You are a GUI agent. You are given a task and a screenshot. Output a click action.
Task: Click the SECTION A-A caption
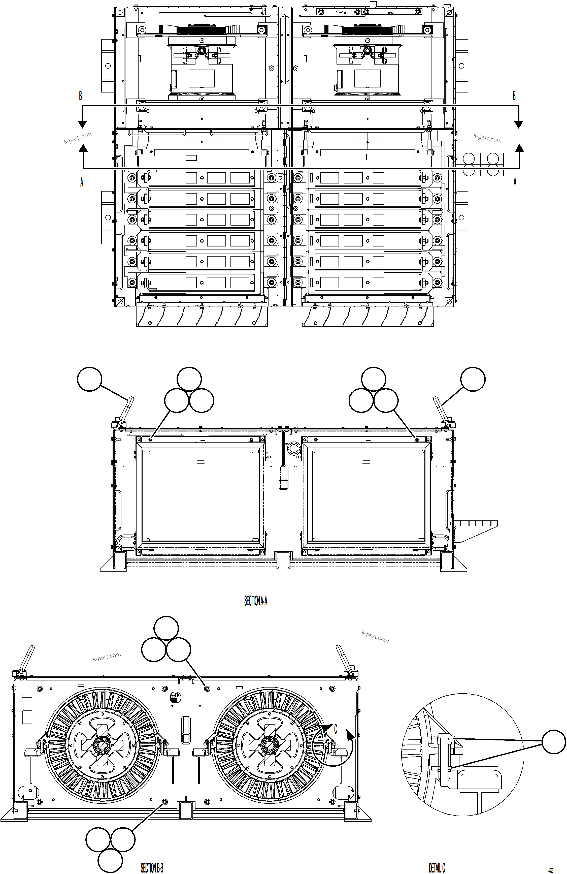[256, 601]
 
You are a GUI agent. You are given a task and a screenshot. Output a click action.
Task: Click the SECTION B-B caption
[152, 868]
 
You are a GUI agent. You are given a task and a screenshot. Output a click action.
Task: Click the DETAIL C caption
[437, 868]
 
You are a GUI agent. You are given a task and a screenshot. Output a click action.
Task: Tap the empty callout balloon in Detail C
[554, 741]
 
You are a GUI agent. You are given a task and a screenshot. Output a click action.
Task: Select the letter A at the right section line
[515, 182]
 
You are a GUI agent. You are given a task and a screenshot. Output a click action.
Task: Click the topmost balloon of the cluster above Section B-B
[166, 628]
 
